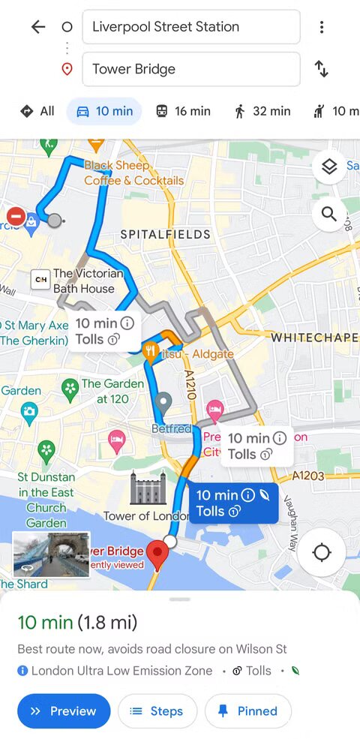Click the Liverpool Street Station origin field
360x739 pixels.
pyautogui.click(x=190, y=27)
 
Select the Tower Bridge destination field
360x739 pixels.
pyautogui.click(x=190, y=69)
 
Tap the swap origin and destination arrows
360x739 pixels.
pyautogui.click(x=322, y=69)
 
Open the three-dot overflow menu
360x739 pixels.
pyautogui.click(x=322, y=27)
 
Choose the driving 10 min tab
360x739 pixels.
pyautogui.click(x=104, y=111)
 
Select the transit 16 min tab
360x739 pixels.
pyautogui.click(x=182, y=111)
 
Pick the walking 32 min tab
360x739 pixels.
pyautogui.click(x=262, y=111)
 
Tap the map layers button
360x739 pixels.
pyautogui.click(x=329, y=167)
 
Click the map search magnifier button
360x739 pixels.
pyautogui.click(x=329, y=215)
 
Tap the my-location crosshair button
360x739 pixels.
pyautogui.click(x=322, y=553)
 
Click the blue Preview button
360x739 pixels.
pyautogui.click(x=64, y=711)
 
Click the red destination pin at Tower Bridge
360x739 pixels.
pyautogui.click(x=157, y=554)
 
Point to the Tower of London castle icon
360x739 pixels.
pyautogui.click(x=143, y=488)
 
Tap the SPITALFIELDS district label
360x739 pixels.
pyautogui.click(x=166, y=235)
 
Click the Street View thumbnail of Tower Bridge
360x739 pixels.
pyautogui.click(x=51, y=554)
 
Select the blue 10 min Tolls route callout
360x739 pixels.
pyautogui.click(x=232, y=503)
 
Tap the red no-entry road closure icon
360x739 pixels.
pyautogui.click(x=16, y=216)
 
